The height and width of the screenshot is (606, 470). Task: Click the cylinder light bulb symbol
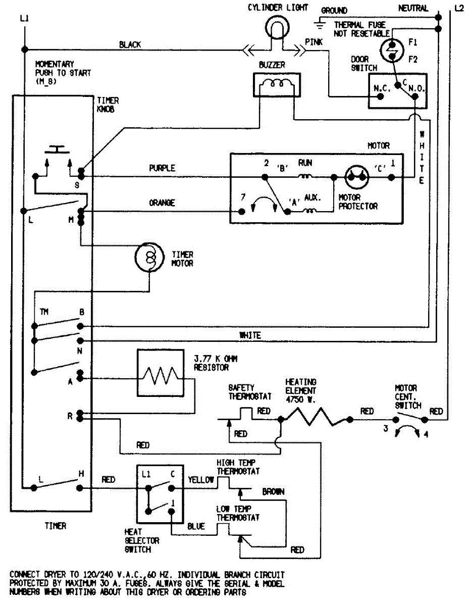coord(277,27)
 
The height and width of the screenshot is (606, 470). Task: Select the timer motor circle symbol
coord(149,257)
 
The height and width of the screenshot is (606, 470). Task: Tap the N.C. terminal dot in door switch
coord(380,96)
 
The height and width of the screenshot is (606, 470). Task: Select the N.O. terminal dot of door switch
coord(414,96)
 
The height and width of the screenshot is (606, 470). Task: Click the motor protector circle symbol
coord(356,177)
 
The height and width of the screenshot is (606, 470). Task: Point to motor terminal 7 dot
coord(242,212)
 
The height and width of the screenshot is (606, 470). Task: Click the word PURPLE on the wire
coord(162,168)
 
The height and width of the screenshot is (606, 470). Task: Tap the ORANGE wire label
coord(162,203)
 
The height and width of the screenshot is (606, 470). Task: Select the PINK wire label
coord(314,42)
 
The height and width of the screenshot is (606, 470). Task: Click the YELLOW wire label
coord(201,480)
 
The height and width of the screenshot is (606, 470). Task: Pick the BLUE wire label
coord(196,526)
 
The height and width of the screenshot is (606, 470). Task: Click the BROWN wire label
coord(273,492)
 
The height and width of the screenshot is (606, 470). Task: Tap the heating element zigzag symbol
coord(317,417)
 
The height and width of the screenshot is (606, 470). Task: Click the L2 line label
coord(459,9)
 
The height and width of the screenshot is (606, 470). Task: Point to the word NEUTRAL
coord(413,9)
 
